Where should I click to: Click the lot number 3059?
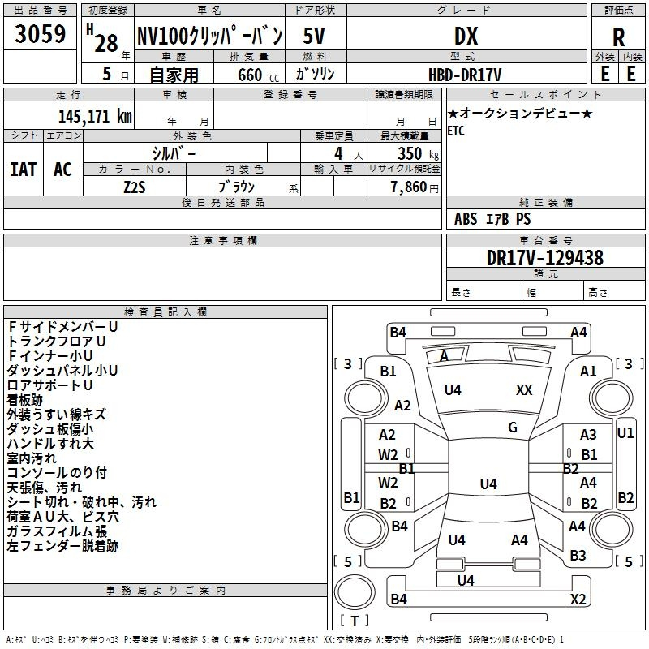pos(40,34)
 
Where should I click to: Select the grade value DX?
pos(466,36)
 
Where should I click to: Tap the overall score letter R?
pos(618,37)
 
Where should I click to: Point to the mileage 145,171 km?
pos(95,117)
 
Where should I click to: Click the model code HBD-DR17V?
pos(465,75)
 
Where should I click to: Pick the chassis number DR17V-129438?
pos(545,258)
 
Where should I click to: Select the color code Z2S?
pos(135,187)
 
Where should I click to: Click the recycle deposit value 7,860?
pos(409,187)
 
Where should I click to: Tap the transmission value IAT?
pos(24,170)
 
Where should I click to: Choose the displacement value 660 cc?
pos(258,75)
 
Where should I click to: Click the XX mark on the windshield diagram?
pos(524,390)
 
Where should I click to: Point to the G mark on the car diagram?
pos(513,428)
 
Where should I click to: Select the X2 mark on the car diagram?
pos(578,599)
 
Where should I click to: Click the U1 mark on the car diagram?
pos(625,433)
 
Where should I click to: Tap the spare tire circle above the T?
pos(355,592)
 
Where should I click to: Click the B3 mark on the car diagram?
pos(578,556)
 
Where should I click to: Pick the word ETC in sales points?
pos(456,131)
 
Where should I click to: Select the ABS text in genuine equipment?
pos(466,219)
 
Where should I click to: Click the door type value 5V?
pos(314,36)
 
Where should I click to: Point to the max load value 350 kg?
pos(418,154)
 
